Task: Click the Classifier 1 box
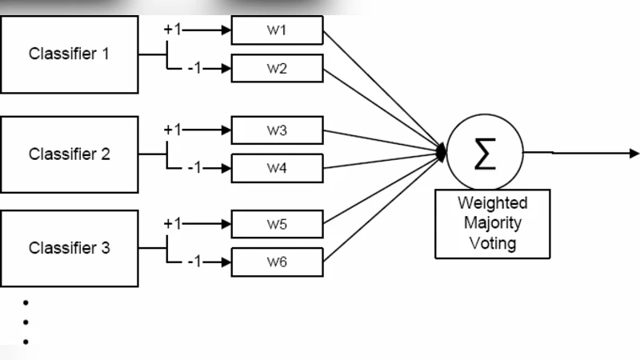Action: (x=69, y=54)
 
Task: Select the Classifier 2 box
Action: (x=69, y=154)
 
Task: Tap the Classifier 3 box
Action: (x=69, y=248)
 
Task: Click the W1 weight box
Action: (x=277, y=31)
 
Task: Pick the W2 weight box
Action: (x=277, y=68)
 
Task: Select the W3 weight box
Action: (x=277, y=130)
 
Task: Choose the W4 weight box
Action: (x=277, y=168)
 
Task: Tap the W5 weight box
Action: (x=277, y=224)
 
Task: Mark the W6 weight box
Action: (x=277, y=262)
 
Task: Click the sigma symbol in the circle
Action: (x=485, y=153)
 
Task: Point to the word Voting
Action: (x=492, y=242)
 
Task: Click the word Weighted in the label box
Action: (x=492, y=202)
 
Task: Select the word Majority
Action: (x=492, y=222)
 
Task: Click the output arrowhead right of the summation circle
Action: (x=634, y=153)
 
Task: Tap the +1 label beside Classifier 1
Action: (x=173, y=30)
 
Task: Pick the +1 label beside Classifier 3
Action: (x=173, y=224)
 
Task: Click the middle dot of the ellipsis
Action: (x=26, y=322)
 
